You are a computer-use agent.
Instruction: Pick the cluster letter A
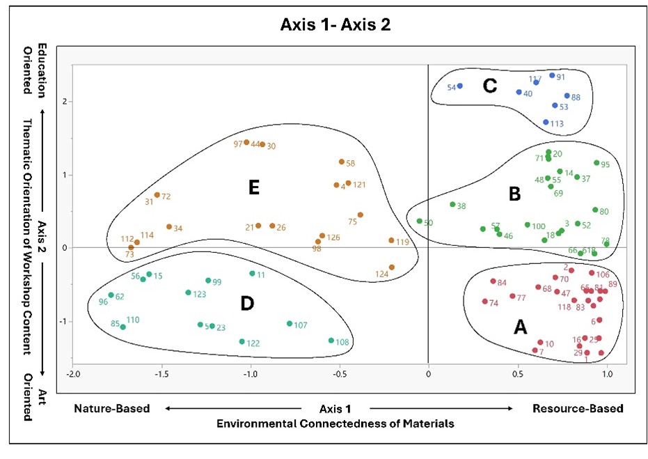pyautogui.click(x=519, y=328)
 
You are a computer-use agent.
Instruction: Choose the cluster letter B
pyautogui.click(x=514, y=195)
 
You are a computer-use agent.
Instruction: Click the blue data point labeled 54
pyautogui.click(x=460, y=86)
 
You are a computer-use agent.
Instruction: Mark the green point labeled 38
pyautogui.click(x=452, y=205)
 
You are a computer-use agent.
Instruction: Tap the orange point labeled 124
pyautogui.click(x=392, y=267)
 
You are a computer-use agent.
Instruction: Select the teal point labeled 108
pyautogui.click(x=331, y=341)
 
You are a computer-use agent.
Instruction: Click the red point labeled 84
pyautogui.click(x=493, y=281)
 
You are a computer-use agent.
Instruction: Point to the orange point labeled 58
pyautogui.click(x=341, y=162)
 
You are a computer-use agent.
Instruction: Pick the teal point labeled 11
pyautogui.click(x=252, y=274)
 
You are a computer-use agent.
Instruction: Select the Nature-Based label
pyautogui.click(x=112, y=409)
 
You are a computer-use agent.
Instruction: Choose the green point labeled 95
pyautogui.click(x=596, y=163)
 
